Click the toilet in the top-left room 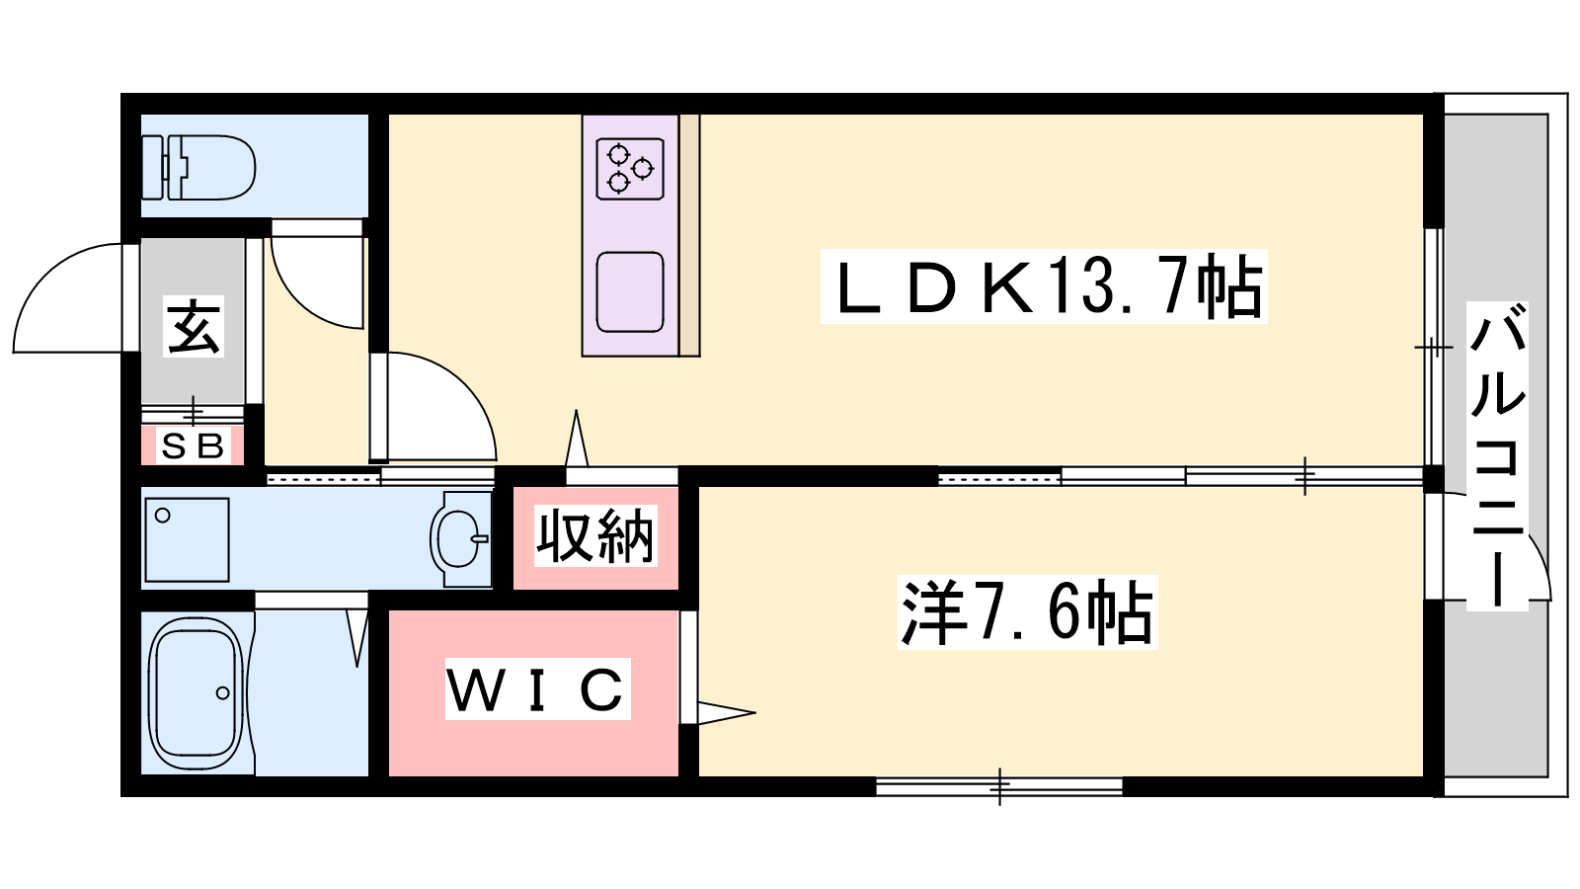click(198, 167)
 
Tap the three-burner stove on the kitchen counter click(630, 169)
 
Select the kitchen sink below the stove click(630, 292)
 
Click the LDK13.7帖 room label click(1044, 286)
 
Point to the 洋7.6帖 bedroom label click(1027, 612)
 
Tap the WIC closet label click(537, 688)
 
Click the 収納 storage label click(595, 536)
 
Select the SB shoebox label click(193, 445)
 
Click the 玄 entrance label click(194, 327)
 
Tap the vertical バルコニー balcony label click(1497, 455)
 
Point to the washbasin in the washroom click(460, 539)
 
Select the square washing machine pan click(187, 539)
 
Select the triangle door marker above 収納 click(577, 439)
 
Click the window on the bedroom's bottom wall click(998, 786)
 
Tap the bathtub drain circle click(223, 692)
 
